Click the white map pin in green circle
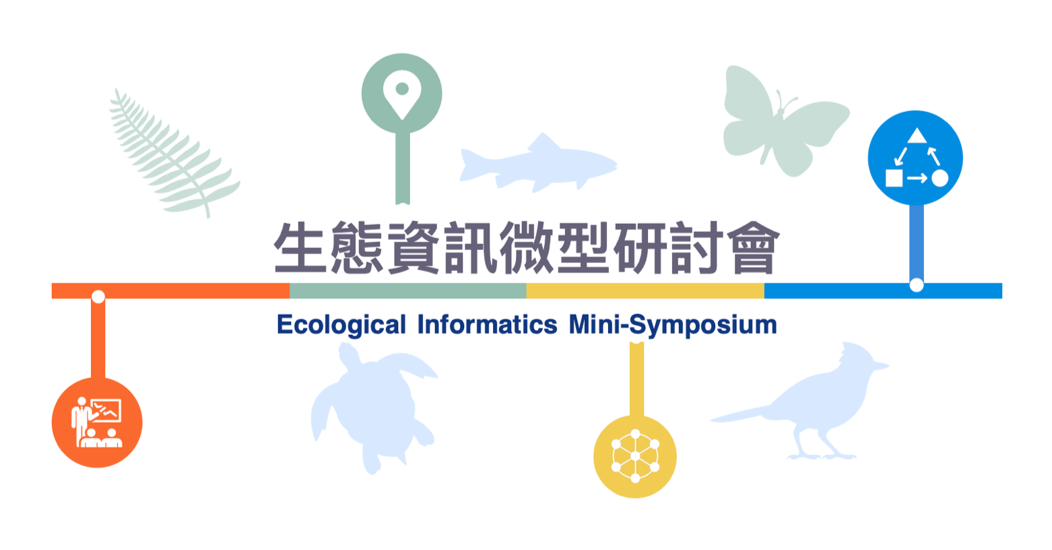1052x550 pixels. [402, 94]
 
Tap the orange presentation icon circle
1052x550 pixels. [97, 423]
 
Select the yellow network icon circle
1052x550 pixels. [635, 456]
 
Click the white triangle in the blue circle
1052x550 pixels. [917, 136]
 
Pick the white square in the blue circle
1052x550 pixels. [894, 178]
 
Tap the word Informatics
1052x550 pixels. [487, 324]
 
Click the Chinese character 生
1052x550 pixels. [300, 248]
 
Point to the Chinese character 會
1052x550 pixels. [754, 248]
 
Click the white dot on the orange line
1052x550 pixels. [98, 297]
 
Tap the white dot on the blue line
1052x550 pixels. [917, 285]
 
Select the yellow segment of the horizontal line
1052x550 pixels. [645, 291]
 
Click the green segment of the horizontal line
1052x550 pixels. [407, 291]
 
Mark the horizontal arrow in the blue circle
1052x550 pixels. [917, 179]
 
